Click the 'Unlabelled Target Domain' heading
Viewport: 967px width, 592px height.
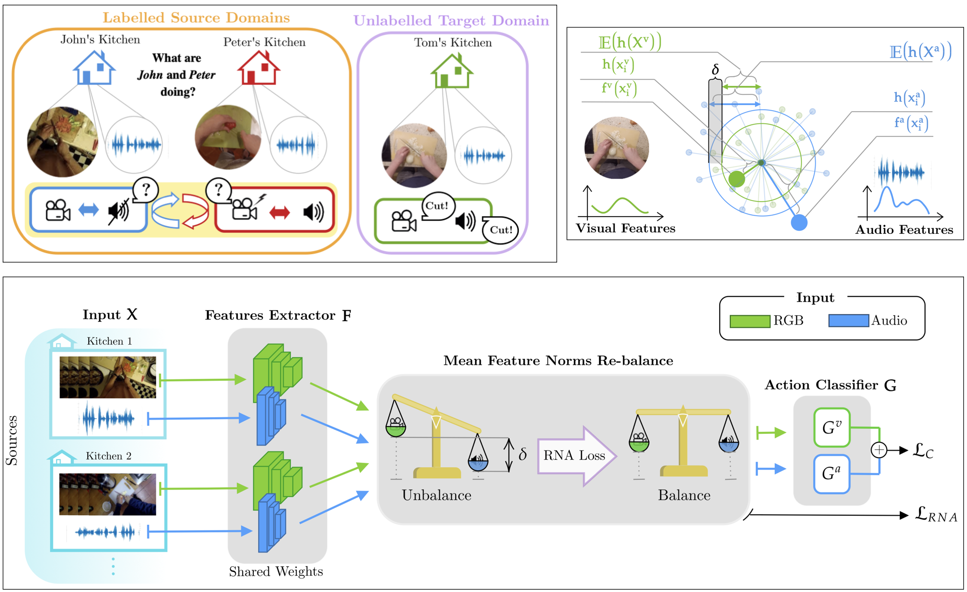(451, 21)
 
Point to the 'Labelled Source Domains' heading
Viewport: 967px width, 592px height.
(196, 18)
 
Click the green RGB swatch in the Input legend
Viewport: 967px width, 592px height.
(749, 321)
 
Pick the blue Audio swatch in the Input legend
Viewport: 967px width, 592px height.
(848, 321)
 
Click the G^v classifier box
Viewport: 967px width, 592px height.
(831, 428)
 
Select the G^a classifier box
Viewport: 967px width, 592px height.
(831, 473)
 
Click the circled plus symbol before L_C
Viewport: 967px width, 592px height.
(879, 450)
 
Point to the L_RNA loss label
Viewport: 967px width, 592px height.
(935, 515)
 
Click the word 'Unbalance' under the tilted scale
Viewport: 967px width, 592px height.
(436, 495)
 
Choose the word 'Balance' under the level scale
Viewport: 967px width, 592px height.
(684, 495)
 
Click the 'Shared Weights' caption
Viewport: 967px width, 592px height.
(276, 571)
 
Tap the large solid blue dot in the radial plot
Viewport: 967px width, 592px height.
(798, 222)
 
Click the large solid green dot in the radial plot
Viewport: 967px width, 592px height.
(736, 178)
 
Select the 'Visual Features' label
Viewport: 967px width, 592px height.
(625, 228)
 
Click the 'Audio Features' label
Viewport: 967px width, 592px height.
(904, 230)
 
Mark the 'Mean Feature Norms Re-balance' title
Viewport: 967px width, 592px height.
(558, 361)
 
